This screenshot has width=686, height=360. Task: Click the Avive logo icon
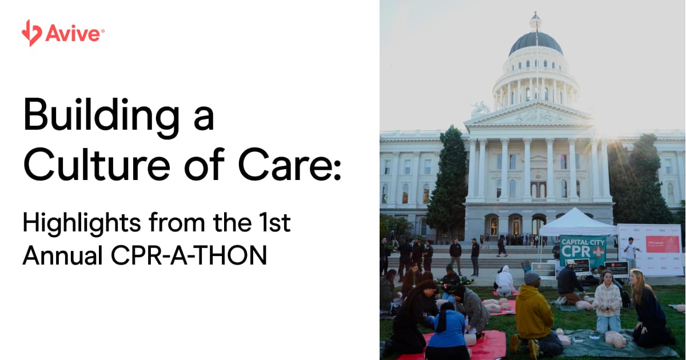[x=31, y=33]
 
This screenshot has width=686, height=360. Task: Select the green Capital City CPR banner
[x=582, y=250]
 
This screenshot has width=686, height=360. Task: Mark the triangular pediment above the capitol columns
[x=529, y=116]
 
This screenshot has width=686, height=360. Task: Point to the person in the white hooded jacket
[x=504, y=280]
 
